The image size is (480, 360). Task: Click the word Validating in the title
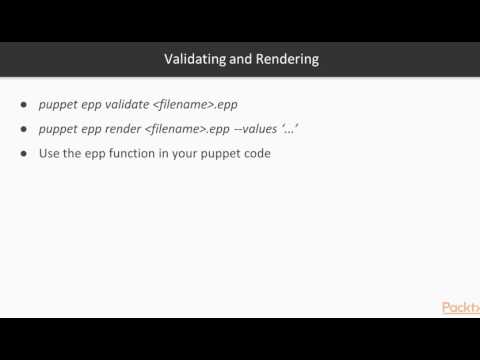click(197, 59)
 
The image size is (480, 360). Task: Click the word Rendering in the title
click(288, 59)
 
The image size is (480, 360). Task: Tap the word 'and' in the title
click(244, 59)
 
